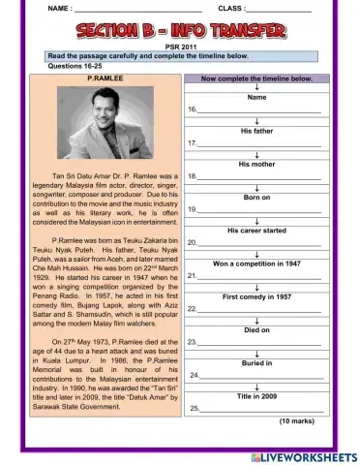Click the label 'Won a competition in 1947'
point(257,263)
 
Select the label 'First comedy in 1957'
point(257,296)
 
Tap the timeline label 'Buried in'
point(257,362)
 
